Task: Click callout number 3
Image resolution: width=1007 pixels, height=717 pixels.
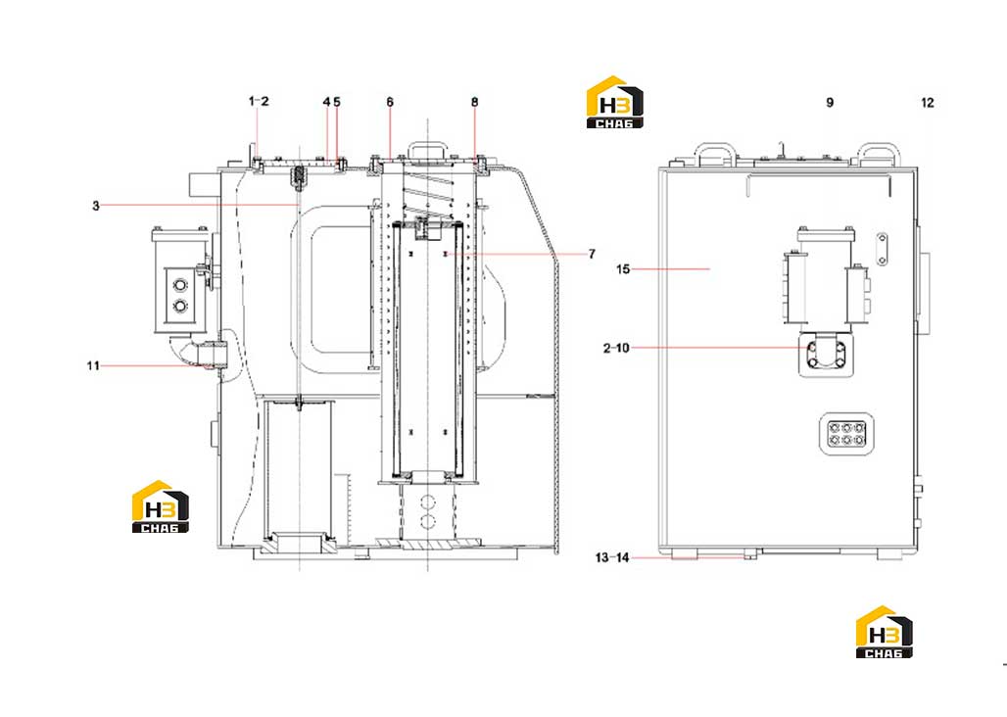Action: [x=96, y=206]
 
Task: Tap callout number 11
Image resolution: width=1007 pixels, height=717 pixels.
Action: [x=93, y=366]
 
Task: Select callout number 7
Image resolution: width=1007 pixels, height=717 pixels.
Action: [x=592, y=255]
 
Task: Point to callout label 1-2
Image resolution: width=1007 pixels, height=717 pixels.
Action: [x=259, y=102]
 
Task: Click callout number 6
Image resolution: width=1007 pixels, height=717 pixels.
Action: [x=390, y=102]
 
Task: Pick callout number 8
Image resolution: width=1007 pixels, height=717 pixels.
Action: [x=474, y=102]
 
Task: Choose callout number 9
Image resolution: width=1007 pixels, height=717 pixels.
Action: [x=830, y=103]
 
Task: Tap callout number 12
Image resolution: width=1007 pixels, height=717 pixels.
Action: [x=928, y=103]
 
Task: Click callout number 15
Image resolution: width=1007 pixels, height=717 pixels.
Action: [x=623, y=269]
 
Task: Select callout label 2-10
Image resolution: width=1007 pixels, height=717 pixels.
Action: [x=616, y=349]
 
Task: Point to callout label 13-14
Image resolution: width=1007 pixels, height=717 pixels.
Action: [x=612, y=557]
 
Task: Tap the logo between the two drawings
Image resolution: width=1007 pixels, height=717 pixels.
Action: [x=614, y=103]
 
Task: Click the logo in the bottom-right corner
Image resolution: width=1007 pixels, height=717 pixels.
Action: [x=885, y=632]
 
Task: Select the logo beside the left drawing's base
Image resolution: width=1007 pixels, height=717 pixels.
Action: [x=161, y=507]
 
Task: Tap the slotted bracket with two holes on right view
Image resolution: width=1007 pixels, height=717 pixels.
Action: [x=883, y=249]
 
